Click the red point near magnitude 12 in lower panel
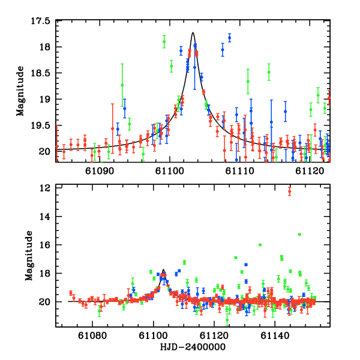[290, 191]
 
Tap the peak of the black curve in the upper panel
[193, 33]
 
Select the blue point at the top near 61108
[229, 38]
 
